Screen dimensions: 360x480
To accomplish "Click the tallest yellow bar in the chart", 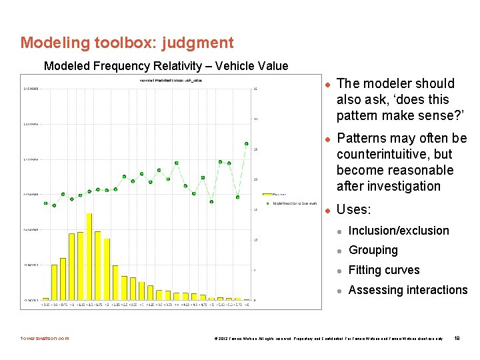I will click(89, 256).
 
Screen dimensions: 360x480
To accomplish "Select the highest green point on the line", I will click(247, 143).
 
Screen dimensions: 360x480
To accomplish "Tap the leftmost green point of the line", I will click(45, 203).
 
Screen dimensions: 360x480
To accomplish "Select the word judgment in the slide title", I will click(198, 43).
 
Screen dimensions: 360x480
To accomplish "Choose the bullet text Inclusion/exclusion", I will click(399, 231).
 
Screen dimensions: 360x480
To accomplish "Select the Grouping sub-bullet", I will click(373, 250).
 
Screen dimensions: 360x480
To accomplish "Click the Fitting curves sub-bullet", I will click(384, 270).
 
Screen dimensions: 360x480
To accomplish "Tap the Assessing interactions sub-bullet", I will click(408, 290).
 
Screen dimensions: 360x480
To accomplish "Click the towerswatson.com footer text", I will click(44, 338).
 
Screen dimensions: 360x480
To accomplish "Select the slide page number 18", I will click(456, 338).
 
